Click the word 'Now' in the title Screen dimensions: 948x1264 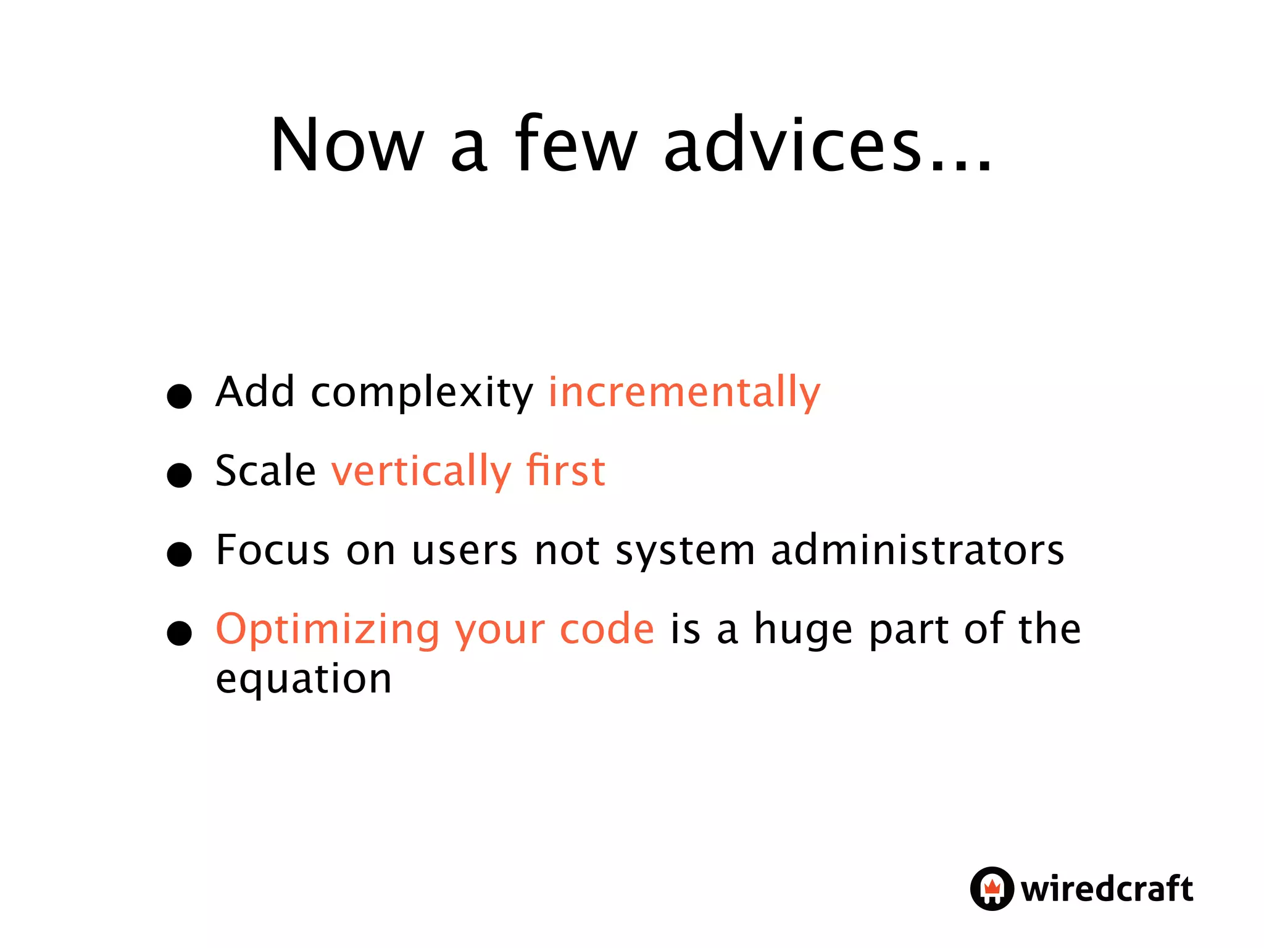coord(347,145)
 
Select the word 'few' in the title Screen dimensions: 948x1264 coord(575,145)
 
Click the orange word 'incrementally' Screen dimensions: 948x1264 coord(684,392)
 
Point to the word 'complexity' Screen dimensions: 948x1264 coord(422,393)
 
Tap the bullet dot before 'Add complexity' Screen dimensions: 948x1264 coord(180,396)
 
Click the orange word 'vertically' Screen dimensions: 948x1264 coord(422,472)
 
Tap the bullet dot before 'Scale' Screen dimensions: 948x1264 coord(180,475)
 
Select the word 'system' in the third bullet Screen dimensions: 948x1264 coord(685,551)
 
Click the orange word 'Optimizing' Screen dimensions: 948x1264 coord(327,630)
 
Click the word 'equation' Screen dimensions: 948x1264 coord(304,679)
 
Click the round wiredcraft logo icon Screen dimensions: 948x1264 coord(991,889)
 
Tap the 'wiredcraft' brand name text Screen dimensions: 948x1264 coord(1107,889)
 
